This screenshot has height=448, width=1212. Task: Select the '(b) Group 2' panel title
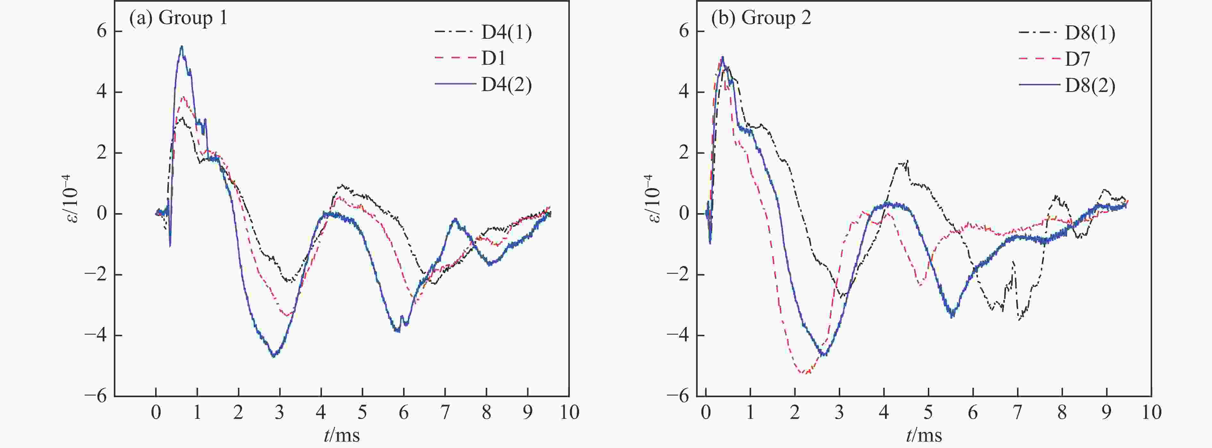[761, 18]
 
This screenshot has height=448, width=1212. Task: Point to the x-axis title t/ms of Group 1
[342, 435]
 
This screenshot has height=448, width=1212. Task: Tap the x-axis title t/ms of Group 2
[924, 435]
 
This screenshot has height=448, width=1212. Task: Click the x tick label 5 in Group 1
[362, 413]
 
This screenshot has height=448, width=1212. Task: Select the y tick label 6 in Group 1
[102, 31]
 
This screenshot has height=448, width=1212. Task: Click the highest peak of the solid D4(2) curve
[181, 46]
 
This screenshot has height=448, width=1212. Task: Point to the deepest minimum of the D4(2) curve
[274, 356]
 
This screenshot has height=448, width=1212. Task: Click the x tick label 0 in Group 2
[706, 413]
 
